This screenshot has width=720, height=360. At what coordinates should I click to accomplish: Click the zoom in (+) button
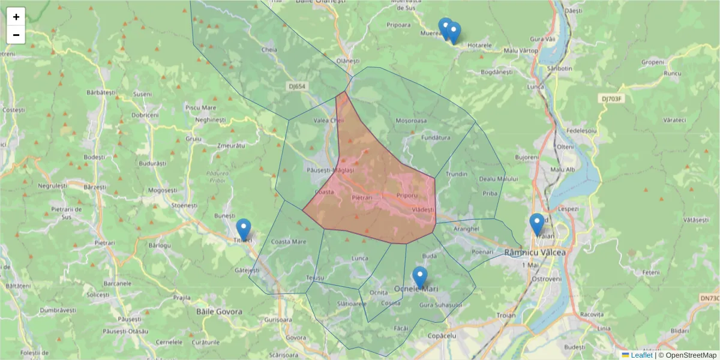click(16, 17)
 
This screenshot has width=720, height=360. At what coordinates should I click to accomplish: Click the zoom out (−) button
click(16, 35)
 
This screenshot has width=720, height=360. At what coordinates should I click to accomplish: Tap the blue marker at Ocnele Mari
click(420, 278)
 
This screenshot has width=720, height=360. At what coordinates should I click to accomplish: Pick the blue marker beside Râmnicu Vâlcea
click(537, 224)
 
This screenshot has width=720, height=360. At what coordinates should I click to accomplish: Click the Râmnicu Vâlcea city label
click(535, 253)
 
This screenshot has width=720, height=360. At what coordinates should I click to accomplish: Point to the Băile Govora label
click(219, 311)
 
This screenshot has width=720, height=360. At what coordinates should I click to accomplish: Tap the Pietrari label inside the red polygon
click(362, 197)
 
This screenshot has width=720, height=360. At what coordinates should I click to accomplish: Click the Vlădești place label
click(423, 209)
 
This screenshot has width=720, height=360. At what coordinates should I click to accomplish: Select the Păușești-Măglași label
click(331, 170)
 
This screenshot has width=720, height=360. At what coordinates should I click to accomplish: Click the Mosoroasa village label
click(411, 121)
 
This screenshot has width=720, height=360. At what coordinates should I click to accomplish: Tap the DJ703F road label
click(613, 98)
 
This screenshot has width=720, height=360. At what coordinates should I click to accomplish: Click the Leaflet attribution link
click(641, 355)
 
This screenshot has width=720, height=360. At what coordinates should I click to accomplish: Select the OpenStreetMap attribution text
click(687, 355)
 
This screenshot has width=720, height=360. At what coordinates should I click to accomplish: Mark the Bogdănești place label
click(497, 71)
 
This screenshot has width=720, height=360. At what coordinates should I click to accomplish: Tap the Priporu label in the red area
click(407, 196)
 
